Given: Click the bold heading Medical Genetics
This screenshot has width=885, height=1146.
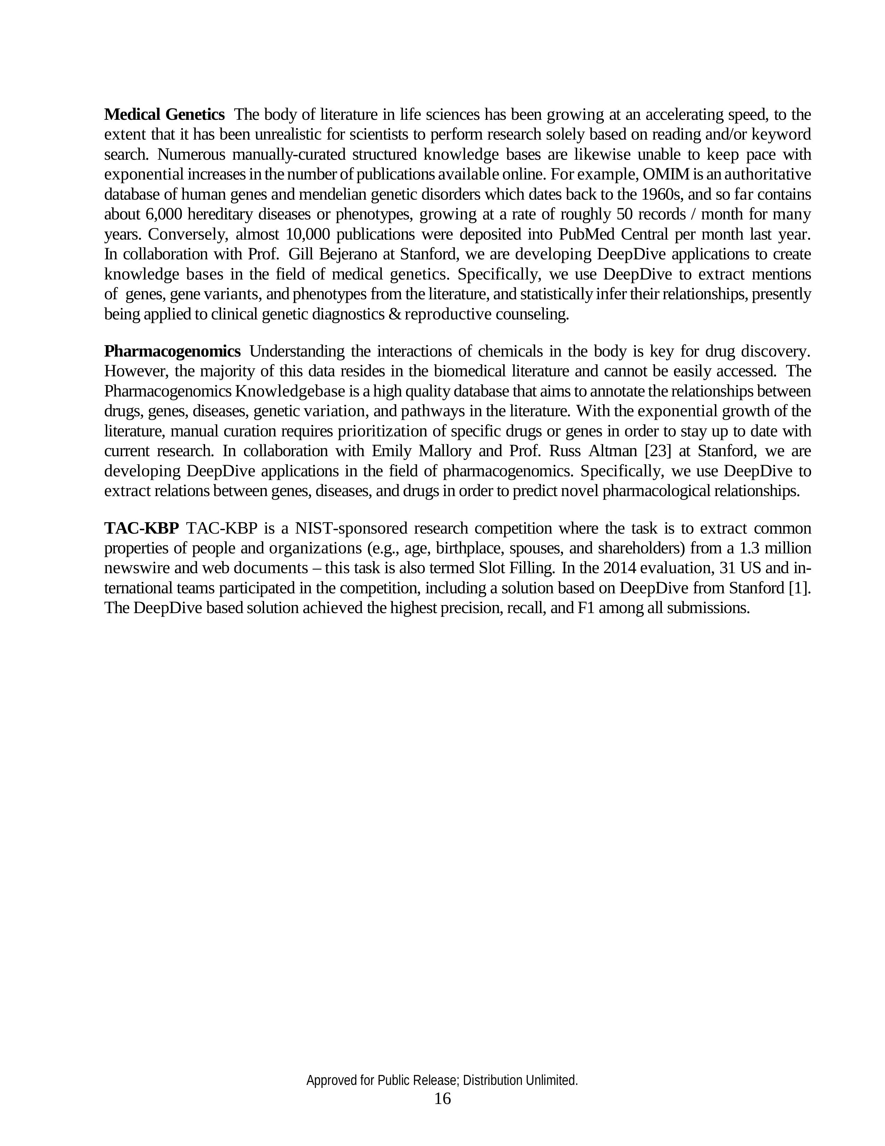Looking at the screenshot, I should click(164, 114).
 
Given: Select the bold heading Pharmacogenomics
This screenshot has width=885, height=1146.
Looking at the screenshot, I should click(172, 351).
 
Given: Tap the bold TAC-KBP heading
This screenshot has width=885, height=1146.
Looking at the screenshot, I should click(142, 528).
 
